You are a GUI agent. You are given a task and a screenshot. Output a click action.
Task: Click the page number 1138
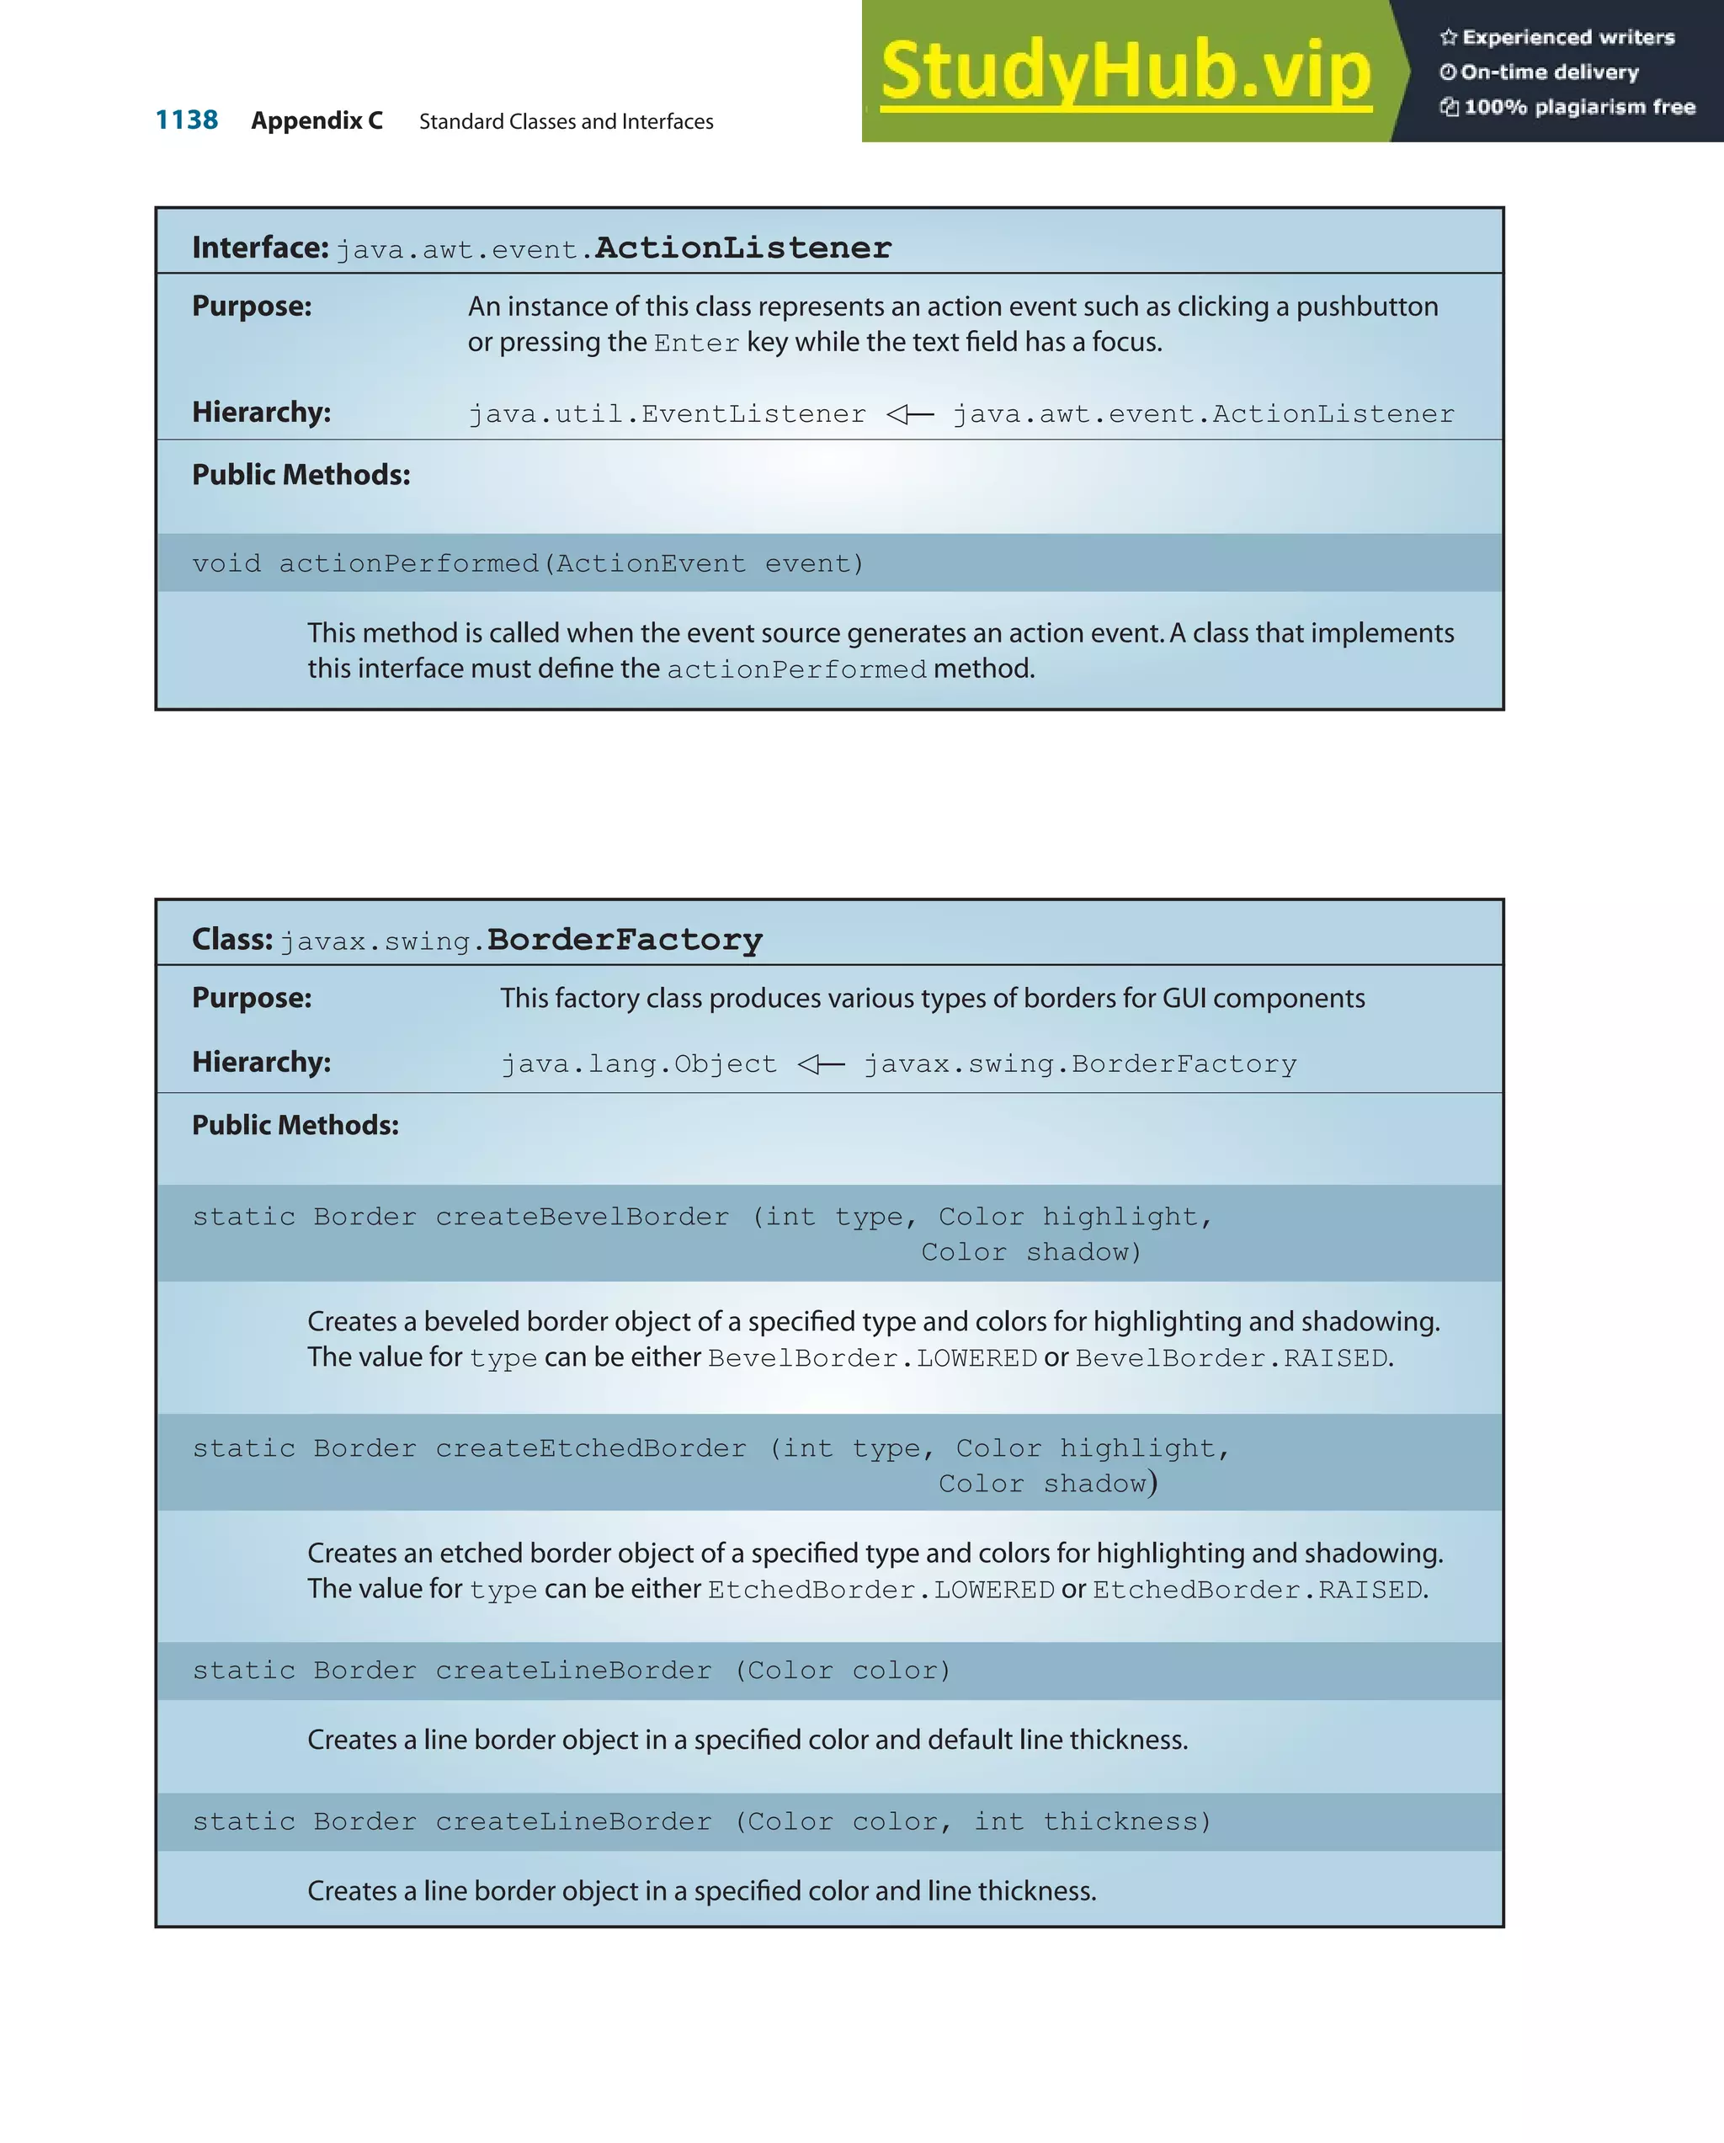(187, 120)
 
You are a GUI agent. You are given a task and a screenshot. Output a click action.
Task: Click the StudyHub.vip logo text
(1125, 71)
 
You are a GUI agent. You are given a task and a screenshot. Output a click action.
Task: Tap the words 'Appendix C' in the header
(317, 121)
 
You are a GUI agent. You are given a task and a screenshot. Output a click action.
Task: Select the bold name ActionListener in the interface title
(742, 248)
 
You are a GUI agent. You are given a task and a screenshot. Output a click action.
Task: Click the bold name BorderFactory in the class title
(624, 940)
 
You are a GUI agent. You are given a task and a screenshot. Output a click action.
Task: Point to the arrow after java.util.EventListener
(909, 413)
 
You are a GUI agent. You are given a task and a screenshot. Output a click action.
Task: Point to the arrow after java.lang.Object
(821, 1064)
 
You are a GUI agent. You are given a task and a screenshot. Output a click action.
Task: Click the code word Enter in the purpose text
(696, 343)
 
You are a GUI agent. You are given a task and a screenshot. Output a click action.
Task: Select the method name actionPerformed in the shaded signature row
(408, 563)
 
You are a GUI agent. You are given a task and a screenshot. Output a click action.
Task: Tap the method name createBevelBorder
(583, 1217)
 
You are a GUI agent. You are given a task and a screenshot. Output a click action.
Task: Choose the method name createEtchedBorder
(591, 1448)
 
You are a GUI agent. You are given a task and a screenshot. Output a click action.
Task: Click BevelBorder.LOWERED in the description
(872, 1357)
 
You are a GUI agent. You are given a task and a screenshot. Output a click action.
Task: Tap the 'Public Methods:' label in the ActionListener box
(301, 475)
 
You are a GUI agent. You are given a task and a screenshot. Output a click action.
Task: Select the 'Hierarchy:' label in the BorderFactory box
(261, 1062)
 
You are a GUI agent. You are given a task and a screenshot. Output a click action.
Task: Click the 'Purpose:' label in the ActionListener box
(252, 307)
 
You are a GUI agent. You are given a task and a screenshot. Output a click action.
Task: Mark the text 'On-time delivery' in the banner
(1549, 72)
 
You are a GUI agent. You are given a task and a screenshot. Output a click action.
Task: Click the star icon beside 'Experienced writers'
(1449, 38)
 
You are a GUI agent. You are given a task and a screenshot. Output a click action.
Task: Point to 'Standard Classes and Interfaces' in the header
(567, 121)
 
